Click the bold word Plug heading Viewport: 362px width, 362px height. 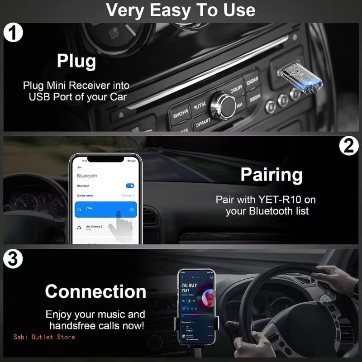(76, 62)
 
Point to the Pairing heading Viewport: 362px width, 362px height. (271, 175)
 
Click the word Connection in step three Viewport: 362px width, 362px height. (95, 291)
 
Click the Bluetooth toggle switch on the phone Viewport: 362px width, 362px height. (130, 186)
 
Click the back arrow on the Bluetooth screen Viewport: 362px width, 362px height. (80, 167)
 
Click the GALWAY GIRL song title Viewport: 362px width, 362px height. (189, 288)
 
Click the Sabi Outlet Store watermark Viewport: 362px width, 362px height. (44, 337)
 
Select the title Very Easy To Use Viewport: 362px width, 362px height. (181, 10)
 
